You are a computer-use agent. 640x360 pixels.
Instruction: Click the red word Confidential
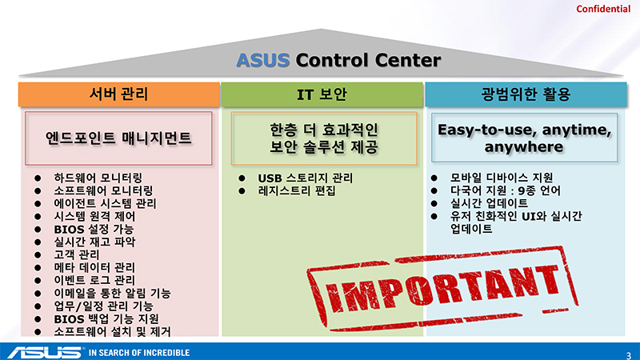pyautogui.click(x=603, y=9)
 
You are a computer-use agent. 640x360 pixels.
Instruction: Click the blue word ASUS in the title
pyautogui.click(x=263, y=61)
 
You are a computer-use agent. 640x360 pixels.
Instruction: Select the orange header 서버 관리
pyautogui.click(x=118, y=94)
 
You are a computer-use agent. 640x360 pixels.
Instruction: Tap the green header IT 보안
pyautogui.click(x=322, y=94)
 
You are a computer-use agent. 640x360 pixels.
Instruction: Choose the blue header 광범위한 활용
pyautogui.click(x=526, y=94)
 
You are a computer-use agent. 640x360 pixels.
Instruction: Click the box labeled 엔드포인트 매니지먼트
pyautogui.click(x=118, y=138)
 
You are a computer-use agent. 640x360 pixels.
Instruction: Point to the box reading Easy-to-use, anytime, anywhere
pyautogui.click(x=525, y=138)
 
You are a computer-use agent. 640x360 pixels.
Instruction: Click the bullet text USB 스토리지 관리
pyautogui.click(x=305, y=178)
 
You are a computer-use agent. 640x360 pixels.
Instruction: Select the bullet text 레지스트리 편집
pyautogui.click(x=297, y=190)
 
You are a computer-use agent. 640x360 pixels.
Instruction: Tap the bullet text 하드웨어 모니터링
pyautogui.click(x=98, y=178)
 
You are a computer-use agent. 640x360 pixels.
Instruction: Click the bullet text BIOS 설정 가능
pyautogui.click(x=94, y=229)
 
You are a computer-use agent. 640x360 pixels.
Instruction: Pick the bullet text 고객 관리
pyautogui.click(x=76, y=254)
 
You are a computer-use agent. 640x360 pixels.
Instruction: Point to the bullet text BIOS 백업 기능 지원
pyautogui.click(x=106, y=318)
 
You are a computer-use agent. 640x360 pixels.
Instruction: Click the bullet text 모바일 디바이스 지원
pyautogui.click(x=502, y=178)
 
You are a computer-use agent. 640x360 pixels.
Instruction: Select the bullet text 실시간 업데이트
pyautogui.click(x=489, y=203)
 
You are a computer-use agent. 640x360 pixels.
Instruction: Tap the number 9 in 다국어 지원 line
pyautogui.click(x=521, y=190)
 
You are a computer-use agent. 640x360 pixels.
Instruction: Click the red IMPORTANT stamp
pyautogui.click(x=443, y=288)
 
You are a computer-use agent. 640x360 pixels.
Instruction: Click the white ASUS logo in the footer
pyautogui.click(x=45, y=353)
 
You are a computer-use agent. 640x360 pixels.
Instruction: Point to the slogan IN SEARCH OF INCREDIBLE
pyautogui.click(x=139, y=353)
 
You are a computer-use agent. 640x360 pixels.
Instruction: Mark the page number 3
pyautogui.click(x=629, y=355)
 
